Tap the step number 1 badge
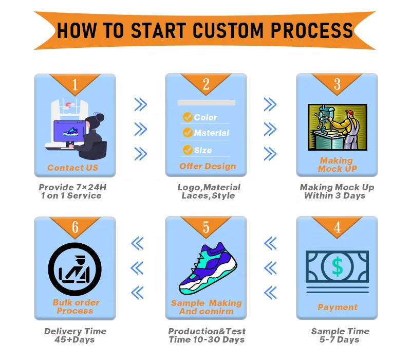(74, 84)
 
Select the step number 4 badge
(337, 227)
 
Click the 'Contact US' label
(72, 168)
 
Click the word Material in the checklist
(211, 133)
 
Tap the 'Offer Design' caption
(208, 166)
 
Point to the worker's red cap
(349, 113)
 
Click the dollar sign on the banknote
(337, 266)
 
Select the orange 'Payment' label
(337, 307)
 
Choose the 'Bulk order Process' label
(76, 307)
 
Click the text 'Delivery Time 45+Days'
(75, 335)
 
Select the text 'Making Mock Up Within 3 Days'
(337, 191)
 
